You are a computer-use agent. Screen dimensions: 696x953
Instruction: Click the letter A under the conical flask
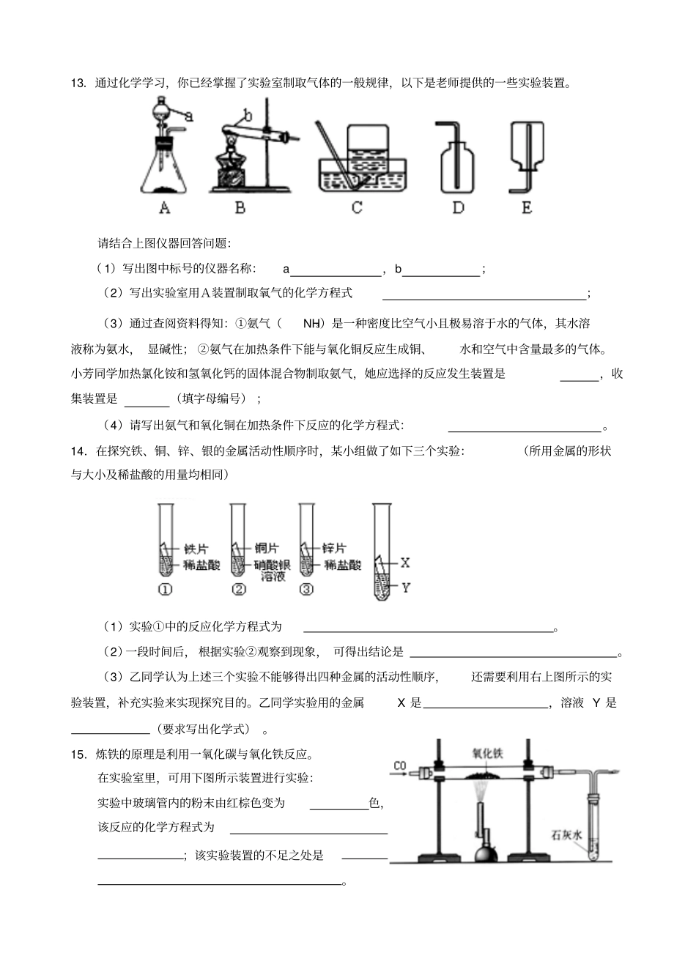164,208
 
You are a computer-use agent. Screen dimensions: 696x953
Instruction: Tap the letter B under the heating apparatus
240,208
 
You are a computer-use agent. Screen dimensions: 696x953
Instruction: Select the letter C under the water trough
357,208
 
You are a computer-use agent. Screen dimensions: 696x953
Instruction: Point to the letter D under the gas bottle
458,208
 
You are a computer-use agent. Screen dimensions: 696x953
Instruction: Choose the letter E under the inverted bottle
526,208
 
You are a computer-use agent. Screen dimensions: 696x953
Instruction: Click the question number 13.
78,83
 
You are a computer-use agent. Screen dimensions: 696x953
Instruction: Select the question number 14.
78,451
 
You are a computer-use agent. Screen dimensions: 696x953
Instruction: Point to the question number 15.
78,754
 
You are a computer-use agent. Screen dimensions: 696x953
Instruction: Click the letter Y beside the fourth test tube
405,587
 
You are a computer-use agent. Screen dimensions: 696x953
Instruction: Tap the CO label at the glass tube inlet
399,766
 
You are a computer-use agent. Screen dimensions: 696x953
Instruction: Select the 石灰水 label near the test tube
567,834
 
